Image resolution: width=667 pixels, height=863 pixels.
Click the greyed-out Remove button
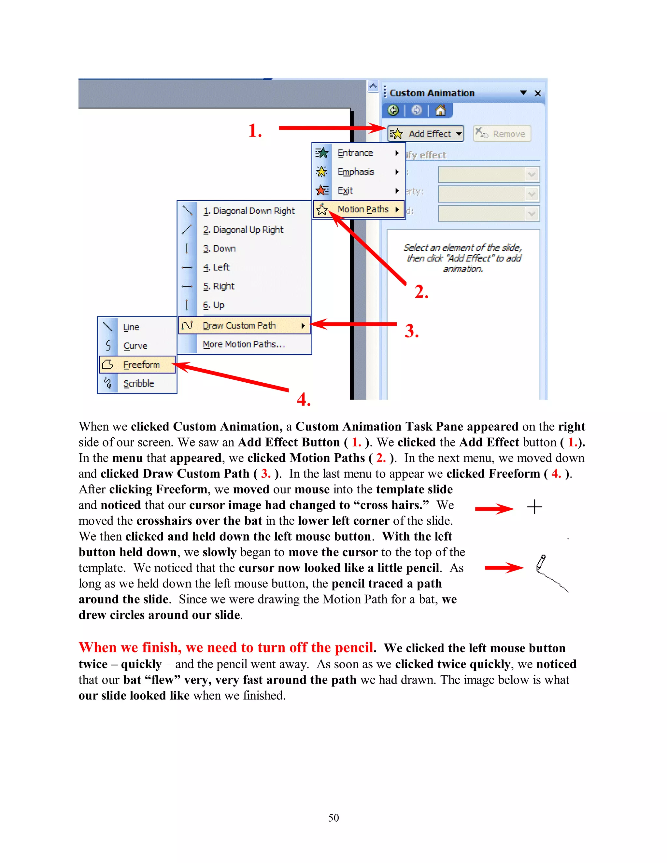click(x=502, y=134)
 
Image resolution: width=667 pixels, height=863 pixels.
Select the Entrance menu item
click(x=355, y=153)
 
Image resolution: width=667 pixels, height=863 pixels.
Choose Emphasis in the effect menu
click(x=355, y=172)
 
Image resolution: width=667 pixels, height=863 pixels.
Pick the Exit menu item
click(x=345, y=191)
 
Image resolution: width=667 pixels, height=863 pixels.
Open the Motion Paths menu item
click(x=362, y=209)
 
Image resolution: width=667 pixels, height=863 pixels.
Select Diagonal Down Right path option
click(x=248, y=211)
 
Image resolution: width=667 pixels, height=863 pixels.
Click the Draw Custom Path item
click(x=239, y=326)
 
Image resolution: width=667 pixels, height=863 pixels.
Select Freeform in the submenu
click(x=141, y=365)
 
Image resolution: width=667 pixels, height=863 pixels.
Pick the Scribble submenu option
click(x=138, y=384)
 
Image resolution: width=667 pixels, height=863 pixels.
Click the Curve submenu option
click(x=135, y=346)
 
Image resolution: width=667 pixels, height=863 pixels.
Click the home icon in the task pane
click(x=440, y=111)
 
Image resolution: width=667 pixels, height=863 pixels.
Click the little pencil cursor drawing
click(x=541, y=563)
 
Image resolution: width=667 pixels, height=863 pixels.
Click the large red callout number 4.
click(x=304, y=400)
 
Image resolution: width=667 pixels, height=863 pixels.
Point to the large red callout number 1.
click(x=255, y=131)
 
